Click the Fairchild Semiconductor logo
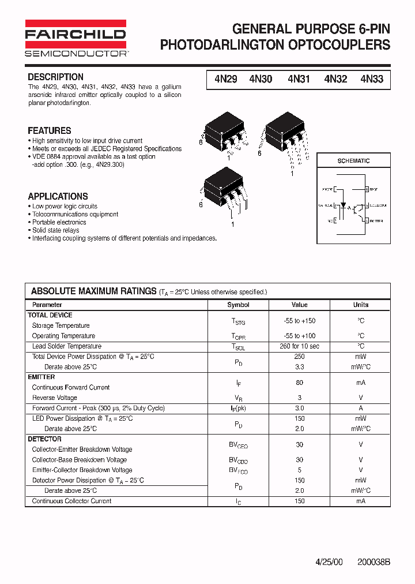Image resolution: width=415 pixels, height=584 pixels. coord(76,38)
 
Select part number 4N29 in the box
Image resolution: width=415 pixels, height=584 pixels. coord(225,80)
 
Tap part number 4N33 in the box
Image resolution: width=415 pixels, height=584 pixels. coord(372,80)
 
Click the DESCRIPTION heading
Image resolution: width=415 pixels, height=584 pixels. coord(55,77)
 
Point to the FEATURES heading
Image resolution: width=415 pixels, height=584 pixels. coord(50,130)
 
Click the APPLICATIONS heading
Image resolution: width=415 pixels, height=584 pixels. coord(58,196)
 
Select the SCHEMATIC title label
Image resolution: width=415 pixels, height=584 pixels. coord(353,161)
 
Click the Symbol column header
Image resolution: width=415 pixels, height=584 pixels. coord(238,305)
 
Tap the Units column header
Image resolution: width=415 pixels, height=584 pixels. coord(361,305)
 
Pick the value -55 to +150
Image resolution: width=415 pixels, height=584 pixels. coord(299,321)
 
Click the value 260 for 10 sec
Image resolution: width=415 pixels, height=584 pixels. coord(299,346)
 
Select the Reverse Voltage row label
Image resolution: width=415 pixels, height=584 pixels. coord(54,398)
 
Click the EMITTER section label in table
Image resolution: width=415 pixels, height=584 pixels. coord(41,377)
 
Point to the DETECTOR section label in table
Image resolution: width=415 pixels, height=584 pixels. coord(44,439)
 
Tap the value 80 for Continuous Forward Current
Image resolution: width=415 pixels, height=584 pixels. coord(299,383)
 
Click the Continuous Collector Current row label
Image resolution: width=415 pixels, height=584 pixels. coord(71,501)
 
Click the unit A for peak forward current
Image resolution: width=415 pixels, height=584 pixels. coord(361,408)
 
